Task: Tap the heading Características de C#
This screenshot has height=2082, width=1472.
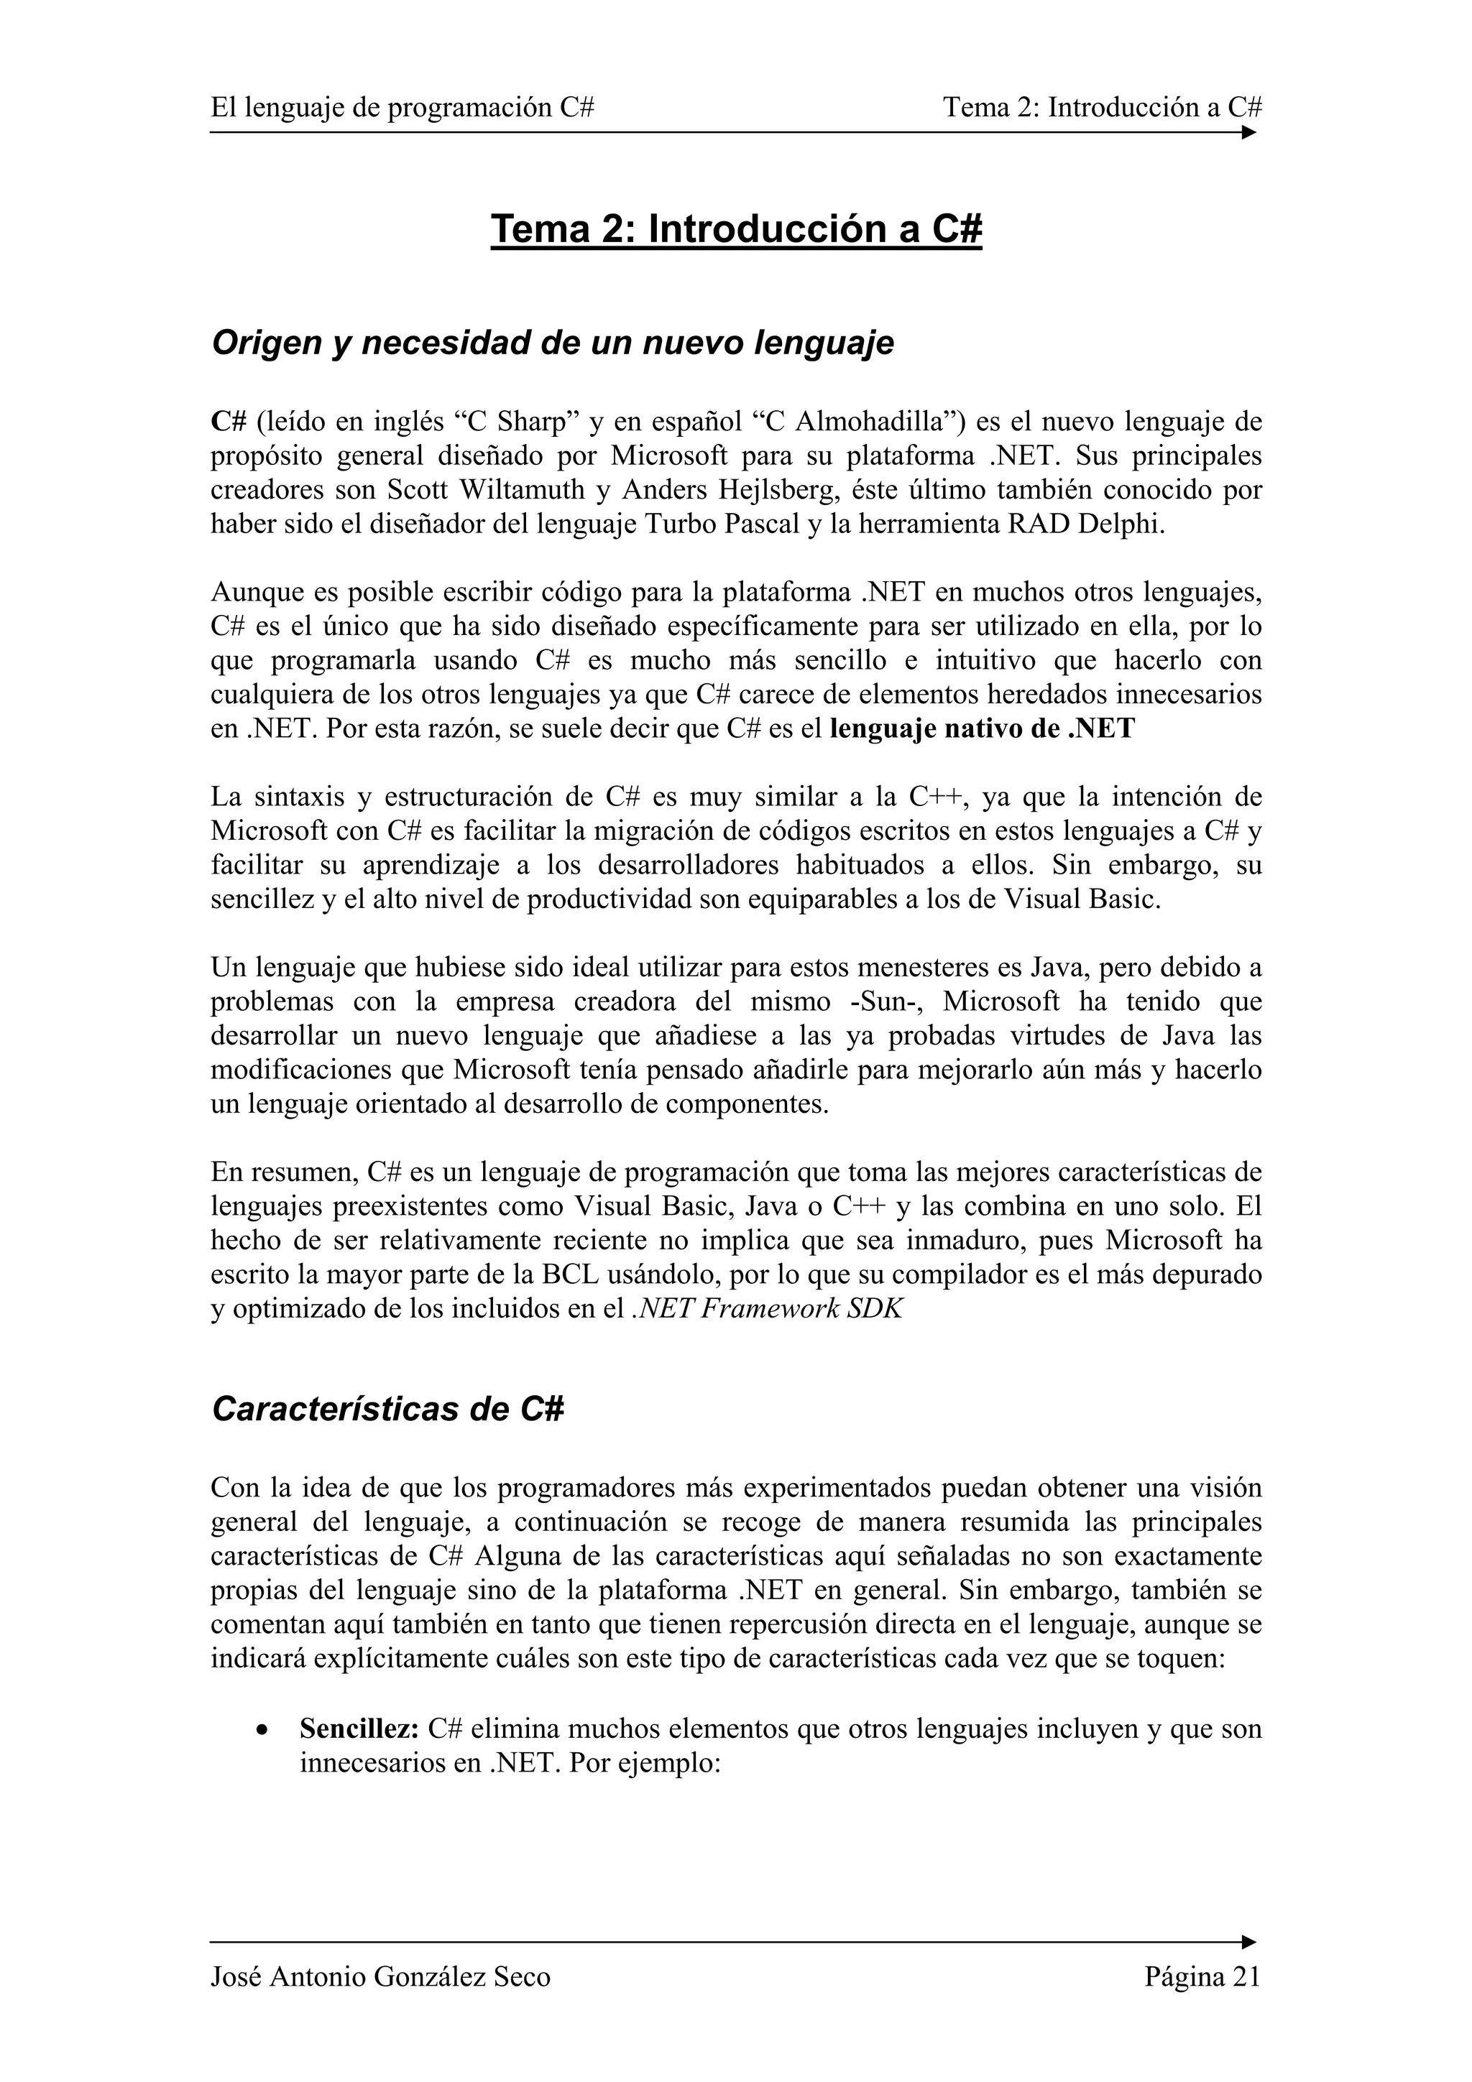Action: (387, 1408)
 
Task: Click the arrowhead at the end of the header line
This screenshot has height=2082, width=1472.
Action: (1249, 132)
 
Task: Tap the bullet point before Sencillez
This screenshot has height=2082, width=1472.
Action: (262, 1730)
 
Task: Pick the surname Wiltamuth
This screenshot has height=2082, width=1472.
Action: (512, 491)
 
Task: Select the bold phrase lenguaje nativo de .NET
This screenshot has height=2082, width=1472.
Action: (983, 729)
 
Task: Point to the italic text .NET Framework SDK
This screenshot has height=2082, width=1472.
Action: (766, 1310)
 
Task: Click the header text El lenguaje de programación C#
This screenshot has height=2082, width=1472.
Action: (402, 108)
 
